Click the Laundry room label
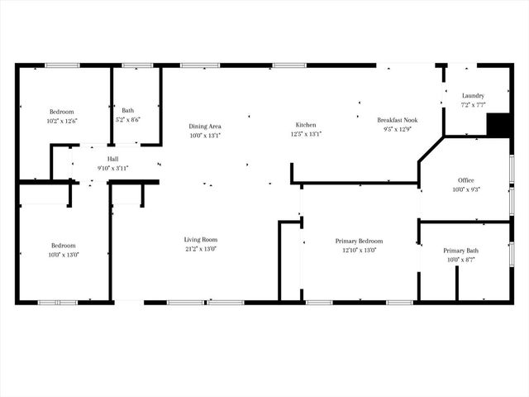click(473, 96)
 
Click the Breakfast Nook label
click(397, 120)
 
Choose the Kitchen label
click(306, 125)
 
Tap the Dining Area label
click(205, 126)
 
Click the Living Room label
click(200, 240)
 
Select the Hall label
click(113, 159)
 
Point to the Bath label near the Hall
click(127, 110)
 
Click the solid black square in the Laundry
click(498, 123)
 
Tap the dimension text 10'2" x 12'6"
click(62, 121)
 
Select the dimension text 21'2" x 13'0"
click(200, 249)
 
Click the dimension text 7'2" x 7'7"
click(473, 105)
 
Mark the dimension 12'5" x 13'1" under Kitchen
click(306, 134)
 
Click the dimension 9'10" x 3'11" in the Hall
click(113, 168)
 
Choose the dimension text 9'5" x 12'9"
click(397, 129)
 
